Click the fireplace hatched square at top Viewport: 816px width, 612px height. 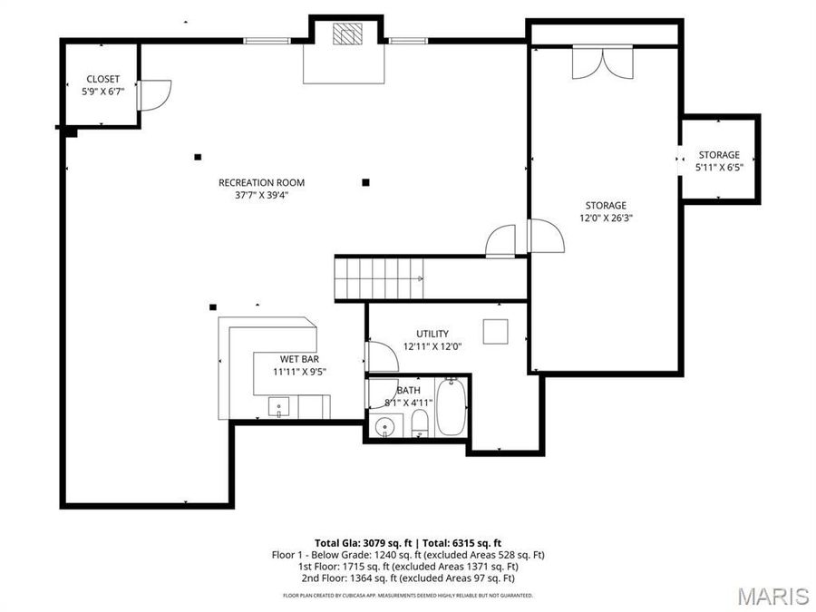(345, 34)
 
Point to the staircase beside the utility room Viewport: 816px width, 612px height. (380, 278)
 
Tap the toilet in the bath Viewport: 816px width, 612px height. (419, 423)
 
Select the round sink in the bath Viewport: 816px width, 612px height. (386, 426)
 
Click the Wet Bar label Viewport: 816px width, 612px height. (299, 359)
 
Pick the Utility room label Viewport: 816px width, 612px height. (432, 334)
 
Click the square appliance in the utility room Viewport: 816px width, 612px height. (495, 332)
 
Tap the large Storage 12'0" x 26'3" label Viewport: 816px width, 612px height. (605, 206)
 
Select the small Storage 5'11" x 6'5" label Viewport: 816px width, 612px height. (719, 155)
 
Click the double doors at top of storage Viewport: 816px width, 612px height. (598, 63)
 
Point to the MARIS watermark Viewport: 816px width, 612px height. (772, 596)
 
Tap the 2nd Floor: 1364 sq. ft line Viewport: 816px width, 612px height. (406, 578)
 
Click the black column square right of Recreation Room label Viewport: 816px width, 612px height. (365, 182)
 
